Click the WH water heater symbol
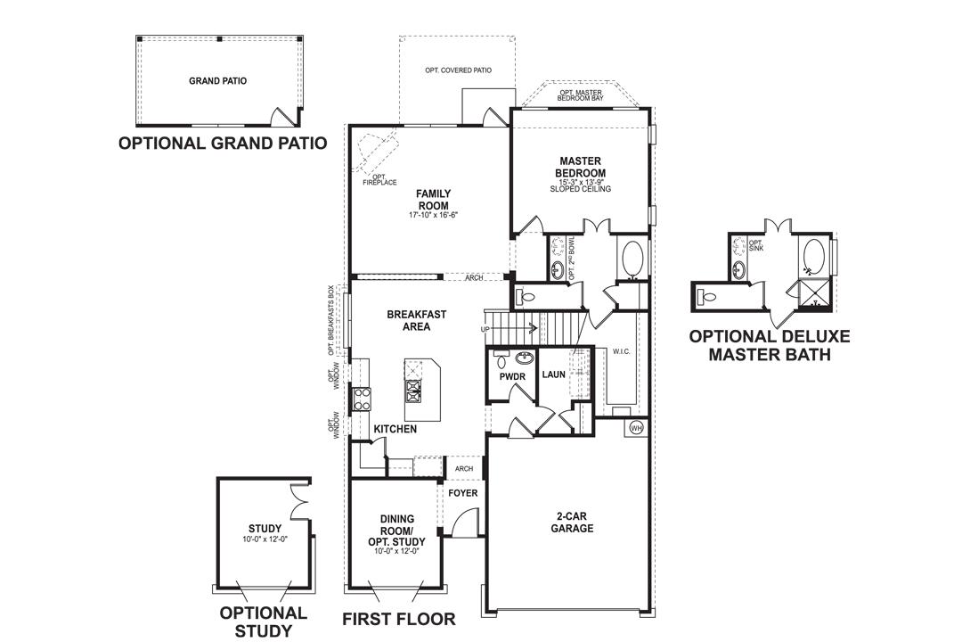(636, 427)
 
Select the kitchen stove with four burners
(363, 397)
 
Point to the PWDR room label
(512, 377)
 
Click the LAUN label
(554, 375)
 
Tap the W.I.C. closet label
(621, 351)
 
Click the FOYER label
(462, 493)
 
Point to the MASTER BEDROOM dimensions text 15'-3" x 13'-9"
(581, 181)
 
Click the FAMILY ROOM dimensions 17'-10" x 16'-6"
(434, 215)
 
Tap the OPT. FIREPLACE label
(379, 179)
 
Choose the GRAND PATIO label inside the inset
(217, 81)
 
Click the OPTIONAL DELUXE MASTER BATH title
(769, 345)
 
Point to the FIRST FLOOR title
(399, 619)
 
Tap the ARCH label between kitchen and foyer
(463, 468)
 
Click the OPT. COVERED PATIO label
(458, 70)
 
